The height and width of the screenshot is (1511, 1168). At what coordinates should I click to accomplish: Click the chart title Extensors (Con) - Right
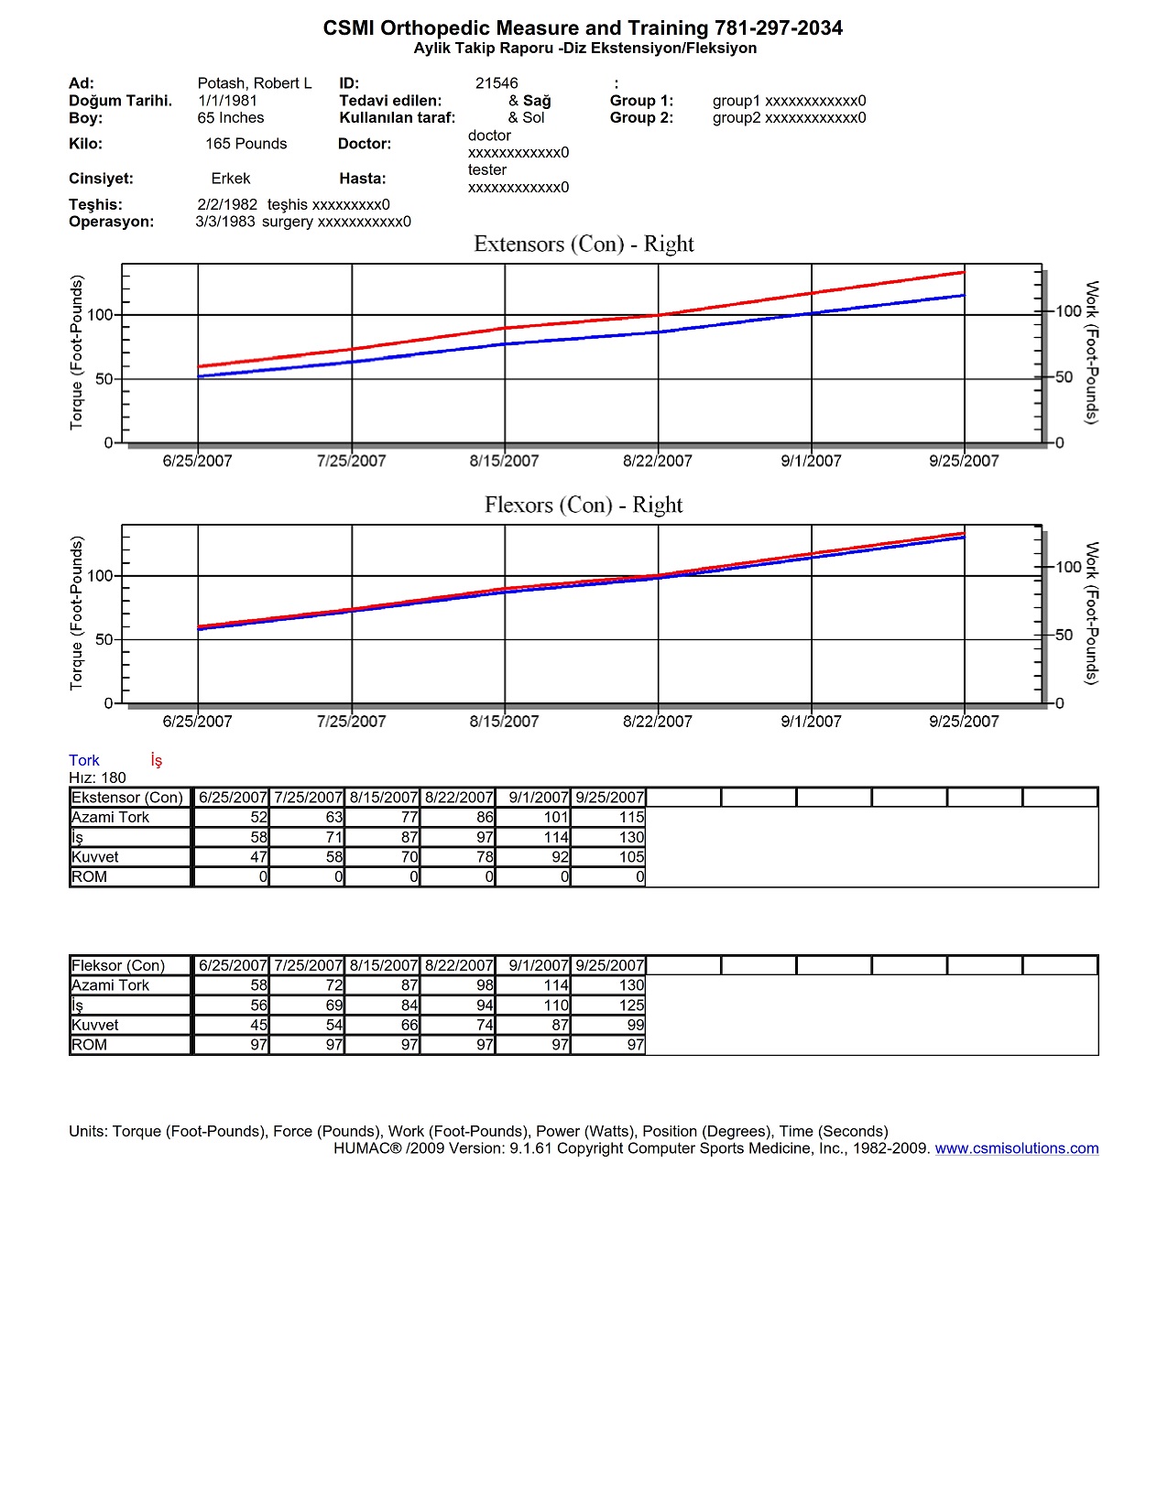click(584, 245)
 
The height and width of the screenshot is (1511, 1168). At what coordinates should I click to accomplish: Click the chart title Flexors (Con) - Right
click(584, 505)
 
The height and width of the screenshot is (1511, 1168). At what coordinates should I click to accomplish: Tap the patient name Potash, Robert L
click(255, 83)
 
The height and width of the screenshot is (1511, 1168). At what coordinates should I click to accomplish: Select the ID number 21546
click(497, 83)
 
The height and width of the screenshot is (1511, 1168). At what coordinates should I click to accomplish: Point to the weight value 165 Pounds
click(246, 144)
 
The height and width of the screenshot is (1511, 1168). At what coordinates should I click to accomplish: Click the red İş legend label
click(157, 760)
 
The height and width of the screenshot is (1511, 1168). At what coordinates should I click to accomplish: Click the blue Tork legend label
click(84, 760)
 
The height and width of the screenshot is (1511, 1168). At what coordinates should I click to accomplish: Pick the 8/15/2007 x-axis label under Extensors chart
click(504, 462)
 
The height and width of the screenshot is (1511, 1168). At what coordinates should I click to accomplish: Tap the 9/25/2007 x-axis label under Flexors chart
click(964, 722)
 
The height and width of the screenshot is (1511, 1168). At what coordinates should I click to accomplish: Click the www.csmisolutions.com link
click(1016, 1148)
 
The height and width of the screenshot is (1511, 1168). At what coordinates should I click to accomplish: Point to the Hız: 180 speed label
click(98, 777)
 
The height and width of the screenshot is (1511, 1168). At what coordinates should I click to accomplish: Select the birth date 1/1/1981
click(227, 101)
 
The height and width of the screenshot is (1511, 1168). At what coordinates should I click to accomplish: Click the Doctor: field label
click(365, 144)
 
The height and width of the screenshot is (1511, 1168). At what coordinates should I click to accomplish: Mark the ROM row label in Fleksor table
click(90, 1045)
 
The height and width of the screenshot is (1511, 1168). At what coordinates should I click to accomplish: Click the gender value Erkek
click(231, 179)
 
